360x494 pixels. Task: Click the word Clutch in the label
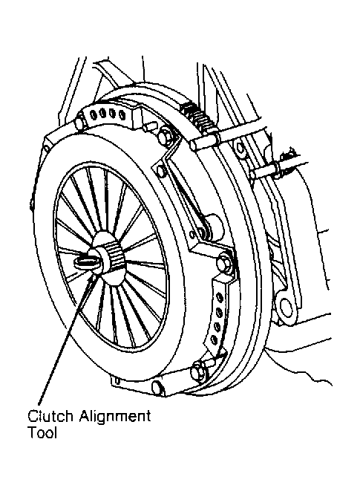click(x=50, y=416)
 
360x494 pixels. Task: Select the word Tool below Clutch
click(x=42, y=432)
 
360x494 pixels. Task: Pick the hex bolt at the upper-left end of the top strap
click(x=80, y=122)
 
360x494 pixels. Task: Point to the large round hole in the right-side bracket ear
click(x=286, y=308)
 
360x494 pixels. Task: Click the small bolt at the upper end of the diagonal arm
click(x=161, y=171)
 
